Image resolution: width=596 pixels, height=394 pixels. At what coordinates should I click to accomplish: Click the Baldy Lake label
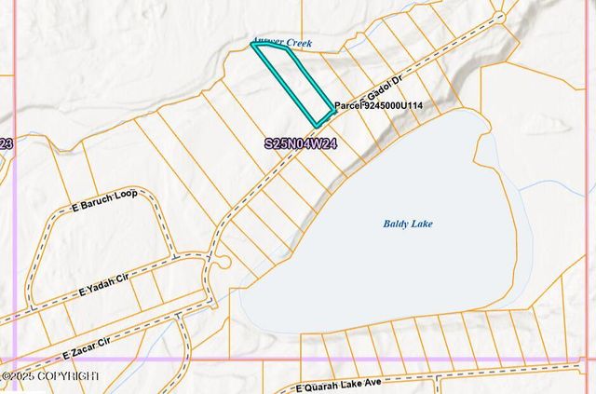point(408,224)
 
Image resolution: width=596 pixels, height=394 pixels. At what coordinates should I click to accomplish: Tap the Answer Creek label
point(283,43)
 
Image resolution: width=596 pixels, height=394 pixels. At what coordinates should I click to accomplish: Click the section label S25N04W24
point(300,144)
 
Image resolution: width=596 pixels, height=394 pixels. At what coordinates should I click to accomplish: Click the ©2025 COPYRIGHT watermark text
point(50,375)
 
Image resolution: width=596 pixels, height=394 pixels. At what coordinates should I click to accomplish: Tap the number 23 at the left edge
point(6,143)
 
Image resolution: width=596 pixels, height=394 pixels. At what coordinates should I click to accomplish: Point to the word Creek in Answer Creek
point(298,43)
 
